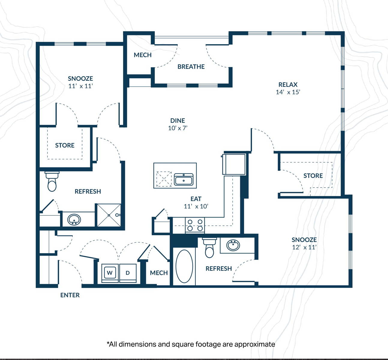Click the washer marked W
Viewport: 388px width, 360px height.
pos(110,273)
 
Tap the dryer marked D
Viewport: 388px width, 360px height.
pos(128,273)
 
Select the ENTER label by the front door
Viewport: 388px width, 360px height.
pos(70,295)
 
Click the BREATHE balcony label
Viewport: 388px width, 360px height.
pos(191,67)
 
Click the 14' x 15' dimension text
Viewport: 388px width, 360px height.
pos(288,92)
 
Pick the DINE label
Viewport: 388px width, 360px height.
pos(178,120)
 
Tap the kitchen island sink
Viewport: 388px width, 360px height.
pos(184,179)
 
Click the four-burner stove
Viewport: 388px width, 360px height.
pos(195,225)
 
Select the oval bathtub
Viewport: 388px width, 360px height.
pos(184,266)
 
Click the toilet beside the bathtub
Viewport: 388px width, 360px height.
pos(209,247)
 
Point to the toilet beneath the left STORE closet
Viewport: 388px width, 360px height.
pos(52,181)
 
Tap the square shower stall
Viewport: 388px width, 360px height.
pos(109,215)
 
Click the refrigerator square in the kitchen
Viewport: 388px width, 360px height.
pos(234,164)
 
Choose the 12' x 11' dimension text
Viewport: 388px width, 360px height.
pos(304,247)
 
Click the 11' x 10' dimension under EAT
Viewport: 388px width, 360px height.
pos(196,206)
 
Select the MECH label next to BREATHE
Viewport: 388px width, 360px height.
pos(143,55)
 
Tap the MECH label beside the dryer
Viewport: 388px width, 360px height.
pos(159,273)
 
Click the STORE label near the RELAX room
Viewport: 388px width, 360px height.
pos(313,175)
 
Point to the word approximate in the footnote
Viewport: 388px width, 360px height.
pos(255,344)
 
